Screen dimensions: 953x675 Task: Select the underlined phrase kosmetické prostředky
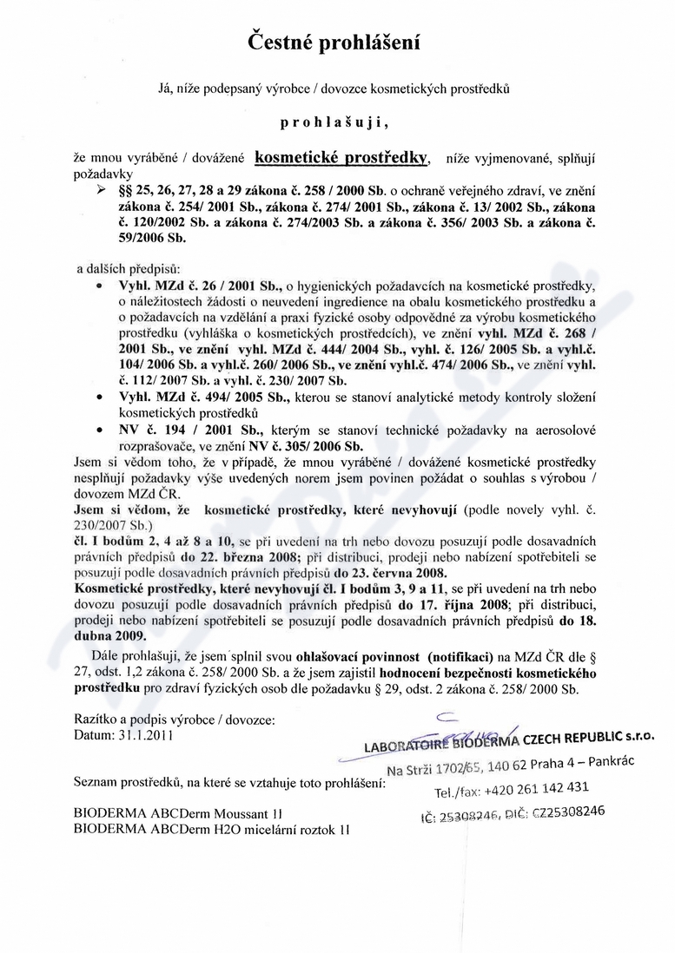(x=342, y=158)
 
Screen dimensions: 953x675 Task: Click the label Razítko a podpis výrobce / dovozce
(x=175, y=720)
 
